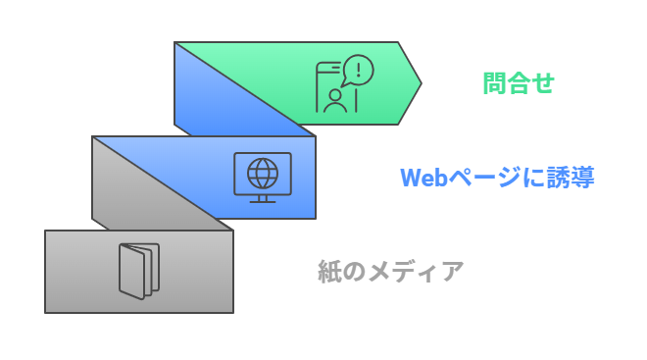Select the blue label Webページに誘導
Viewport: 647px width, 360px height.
[497, 178]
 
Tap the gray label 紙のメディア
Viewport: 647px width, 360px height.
[390, 271]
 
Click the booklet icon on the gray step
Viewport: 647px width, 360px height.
[137, 271]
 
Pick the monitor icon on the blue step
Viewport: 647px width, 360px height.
[262, 178]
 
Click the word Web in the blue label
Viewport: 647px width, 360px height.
[423, 178]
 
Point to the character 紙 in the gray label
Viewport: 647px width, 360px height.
[328, 271]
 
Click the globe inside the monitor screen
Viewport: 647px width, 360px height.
[262, 173]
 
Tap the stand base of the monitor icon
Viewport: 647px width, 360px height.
[262, 200]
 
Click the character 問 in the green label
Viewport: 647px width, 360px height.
[494, 83]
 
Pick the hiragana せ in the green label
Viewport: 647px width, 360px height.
[543, 83]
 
